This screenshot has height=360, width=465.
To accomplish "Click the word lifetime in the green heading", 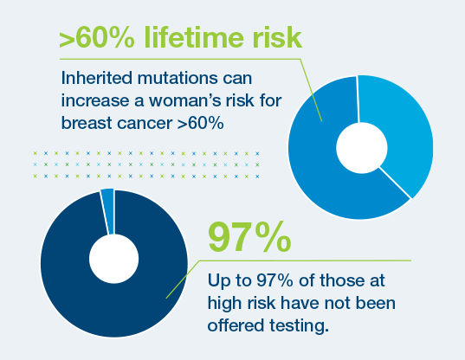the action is (195, 37).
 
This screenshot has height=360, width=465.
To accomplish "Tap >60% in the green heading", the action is (97, 37).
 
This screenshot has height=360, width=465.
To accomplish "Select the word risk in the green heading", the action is (277, 37).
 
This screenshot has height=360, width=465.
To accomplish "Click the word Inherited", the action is (97, 78).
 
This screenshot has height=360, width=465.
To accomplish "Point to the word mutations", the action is (178, 78).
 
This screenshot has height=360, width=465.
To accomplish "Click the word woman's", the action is (185, 100).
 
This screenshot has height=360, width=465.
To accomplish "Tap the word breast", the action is (87, 123).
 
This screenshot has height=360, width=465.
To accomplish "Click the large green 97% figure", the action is (249, 237).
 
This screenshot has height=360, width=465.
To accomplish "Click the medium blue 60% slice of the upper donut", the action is (320, 166).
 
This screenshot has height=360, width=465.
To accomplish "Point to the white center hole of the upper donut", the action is (362, 148).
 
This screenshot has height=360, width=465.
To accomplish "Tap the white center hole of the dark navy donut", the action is (114, 259).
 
